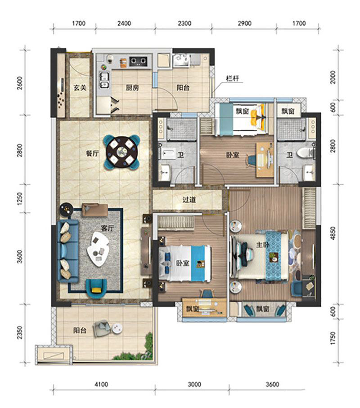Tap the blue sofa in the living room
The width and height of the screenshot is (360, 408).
[x=67, y=251]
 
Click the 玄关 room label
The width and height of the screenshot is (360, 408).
[x=80, y=88]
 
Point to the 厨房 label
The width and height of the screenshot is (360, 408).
[x=132, y=88]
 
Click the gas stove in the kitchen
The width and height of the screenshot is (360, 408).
[x=138, y=62]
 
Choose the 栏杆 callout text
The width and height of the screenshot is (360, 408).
[x=233, y=78]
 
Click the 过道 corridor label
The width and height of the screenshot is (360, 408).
[x=189, y=200]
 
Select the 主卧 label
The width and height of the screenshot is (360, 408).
[x=262, y=245]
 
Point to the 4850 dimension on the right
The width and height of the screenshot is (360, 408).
[x=333, y=233]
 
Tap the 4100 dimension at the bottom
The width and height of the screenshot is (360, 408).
[x=101, y=384]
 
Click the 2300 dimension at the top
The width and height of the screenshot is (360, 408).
[x=184, y=23]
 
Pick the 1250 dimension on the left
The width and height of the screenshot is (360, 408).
[x=20, y=198]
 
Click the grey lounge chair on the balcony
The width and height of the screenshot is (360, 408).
[x=102, y=329]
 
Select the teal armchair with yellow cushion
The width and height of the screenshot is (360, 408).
[x=96, y=288]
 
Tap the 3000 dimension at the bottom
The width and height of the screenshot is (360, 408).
[x=194, y=384]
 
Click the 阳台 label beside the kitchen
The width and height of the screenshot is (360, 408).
[x=183, y=88]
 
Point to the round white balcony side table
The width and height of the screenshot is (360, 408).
[x=117, y=328]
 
